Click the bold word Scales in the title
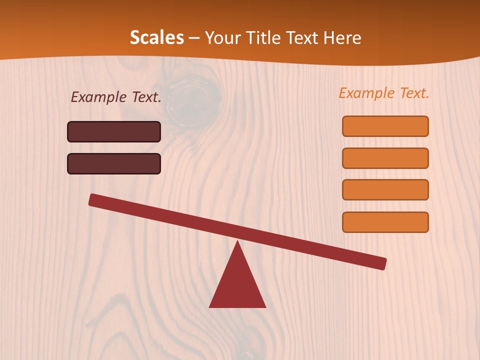pyautogui.click(x=156, y=37)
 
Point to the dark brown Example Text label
pyautogui.click(x=116, y=97)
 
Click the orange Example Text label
pyautogui.click(x=384, y=93)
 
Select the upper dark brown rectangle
pyautogui.click(x=114, y=131)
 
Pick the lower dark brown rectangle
pyautogui.click(x=114, y=163)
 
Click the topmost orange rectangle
pyautogui.click(x=385, y=126)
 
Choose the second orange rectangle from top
pyautogui.click(x=385, y=158)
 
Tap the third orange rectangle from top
pyautogui.click(x=385, y=190)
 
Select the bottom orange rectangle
pyautogui.click(x=385, y=222)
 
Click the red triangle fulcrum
pyautogui.click(x=237, y=285)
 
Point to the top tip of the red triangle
pyautogui.click(x=237, y=241)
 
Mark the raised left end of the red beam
pyautogui.click(x=92, y=199)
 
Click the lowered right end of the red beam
pyautogui.click(x=382, y=263)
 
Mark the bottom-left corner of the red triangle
pyautogui.click(x=209, y=307)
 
